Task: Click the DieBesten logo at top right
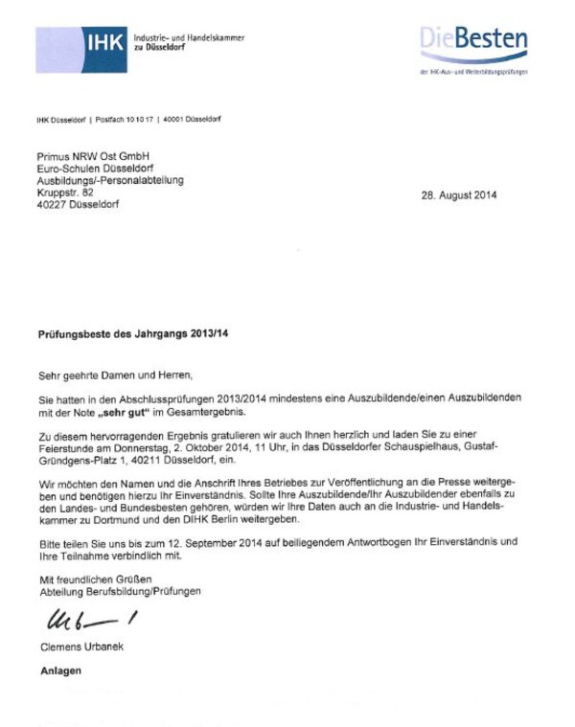click(473, 40)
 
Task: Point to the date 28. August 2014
click(459, 195)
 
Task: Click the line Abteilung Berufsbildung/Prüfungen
click(120, 593)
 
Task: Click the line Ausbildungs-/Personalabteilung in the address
click(110, 180)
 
